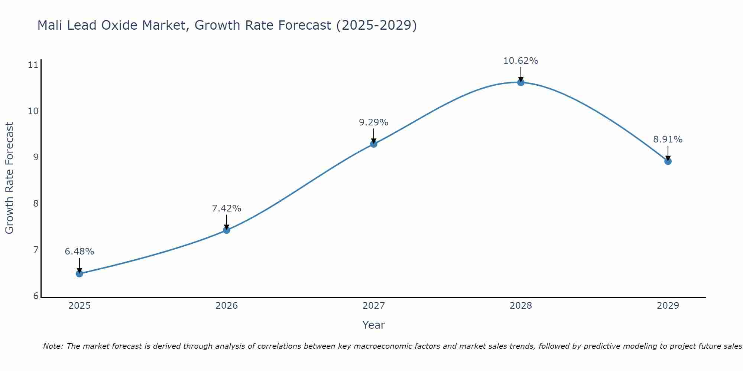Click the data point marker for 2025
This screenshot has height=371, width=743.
(80, 274)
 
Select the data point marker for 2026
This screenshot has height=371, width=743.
(227, 230)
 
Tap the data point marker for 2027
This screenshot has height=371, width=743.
(374, 144)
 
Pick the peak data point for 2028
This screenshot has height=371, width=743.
(521, 82)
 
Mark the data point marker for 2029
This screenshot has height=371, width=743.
(668, 161)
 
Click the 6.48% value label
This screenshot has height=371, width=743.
(80, 252)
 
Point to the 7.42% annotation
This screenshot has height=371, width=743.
(227, 209)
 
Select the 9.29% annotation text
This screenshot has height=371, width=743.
(374, 122)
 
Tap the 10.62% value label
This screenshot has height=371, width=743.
(521, 61)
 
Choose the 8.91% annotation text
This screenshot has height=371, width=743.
(668, 139)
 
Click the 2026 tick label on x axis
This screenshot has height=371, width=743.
(227, 306)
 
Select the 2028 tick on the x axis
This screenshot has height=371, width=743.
(521, 306)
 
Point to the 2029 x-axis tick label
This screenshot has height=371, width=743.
(668, 306)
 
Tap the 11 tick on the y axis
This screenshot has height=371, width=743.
(33, 65)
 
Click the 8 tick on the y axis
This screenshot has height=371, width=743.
(36, 204)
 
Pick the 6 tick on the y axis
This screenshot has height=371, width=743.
(36, 296)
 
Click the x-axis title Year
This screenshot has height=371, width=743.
(374, 325)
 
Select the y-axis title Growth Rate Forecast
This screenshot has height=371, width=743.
(10, 178)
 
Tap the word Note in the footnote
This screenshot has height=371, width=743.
(53, 347)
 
